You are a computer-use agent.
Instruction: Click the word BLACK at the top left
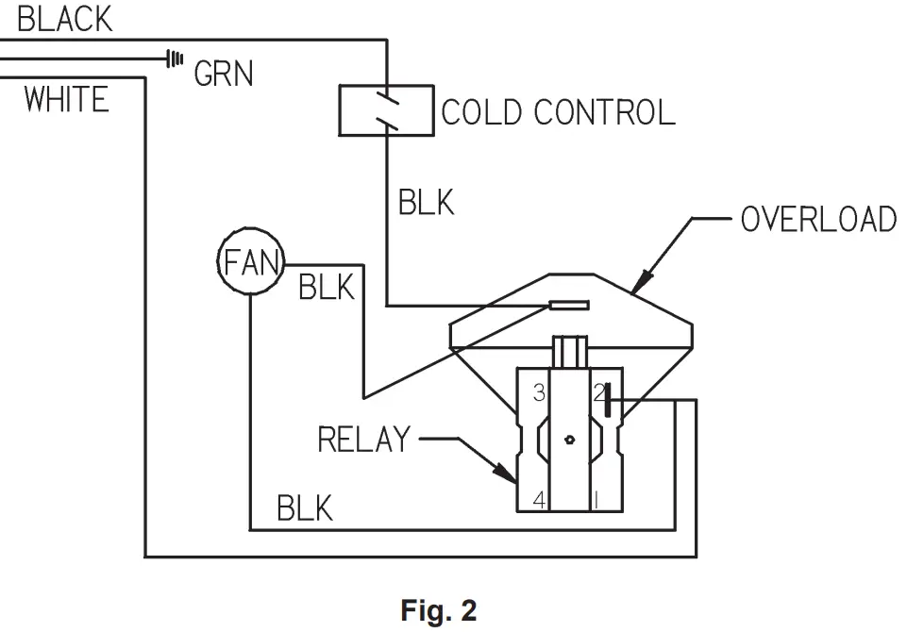[x=65, y=19]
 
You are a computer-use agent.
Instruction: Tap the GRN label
[x=224, y=73]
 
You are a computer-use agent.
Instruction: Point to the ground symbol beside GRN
[x=174, y=58]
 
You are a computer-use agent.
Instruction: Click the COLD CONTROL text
[x=559, y=112]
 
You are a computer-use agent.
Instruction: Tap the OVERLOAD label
[x=817, y=219]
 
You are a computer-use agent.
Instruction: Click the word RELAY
[x=364, y=440]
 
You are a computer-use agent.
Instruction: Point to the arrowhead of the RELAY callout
[x=512, y=482]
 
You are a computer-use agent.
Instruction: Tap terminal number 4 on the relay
[x=539, y=500]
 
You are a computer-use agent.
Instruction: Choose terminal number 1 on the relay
[x=596, y=500]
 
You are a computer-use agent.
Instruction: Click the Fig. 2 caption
[x=439, y=610]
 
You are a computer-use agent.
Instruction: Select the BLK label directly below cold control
[x=427, y=202]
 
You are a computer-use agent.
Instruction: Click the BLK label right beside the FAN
[x=327, y=287]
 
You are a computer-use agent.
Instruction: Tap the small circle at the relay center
[x=568, y=439]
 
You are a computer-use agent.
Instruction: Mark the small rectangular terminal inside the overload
[x=569, y=305]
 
